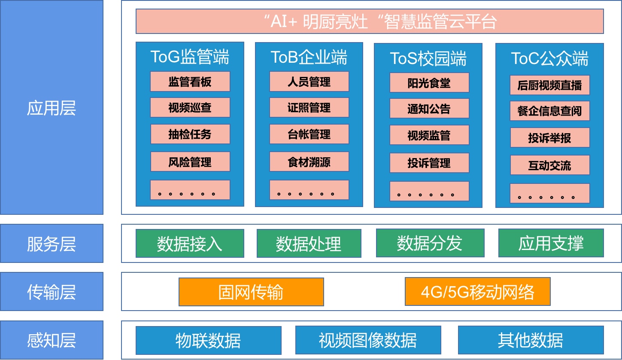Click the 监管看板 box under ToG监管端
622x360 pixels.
[190, 82]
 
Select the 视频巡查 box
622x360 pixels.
[190, 107]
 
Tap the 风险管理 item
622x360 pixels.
[190, 162]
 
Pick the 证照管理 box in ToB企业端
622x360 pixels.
[309, 107]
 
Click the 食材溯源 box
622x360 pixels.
[309, 162]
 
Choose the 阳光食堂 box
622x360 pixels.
[429, 82]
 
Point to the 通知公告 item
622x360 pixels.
[429, 109]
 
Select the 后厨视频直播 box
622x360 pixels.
[549, 85]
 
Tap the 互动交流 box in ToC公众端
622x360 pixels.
[549, 165]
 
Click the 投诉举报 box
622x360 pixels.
[549, 138]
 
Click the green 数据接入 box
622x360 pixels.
[190, 244]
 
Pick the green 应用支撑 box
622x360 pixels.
[551, 243]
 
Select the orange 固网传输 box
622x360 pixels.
[251, 292]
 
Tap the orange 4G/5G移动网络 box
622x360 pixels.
[477, 292]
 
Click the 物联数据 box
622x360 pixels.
[208, 340]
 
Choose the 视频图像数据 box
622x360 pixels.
[368, 340]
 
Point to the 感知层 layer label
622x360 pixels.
[52, 340]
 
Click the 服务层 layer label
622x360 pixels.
[52, 244]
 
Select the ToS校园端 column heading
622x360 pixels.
[428, 58]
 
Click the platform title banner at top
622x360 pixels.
[370, 21]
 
